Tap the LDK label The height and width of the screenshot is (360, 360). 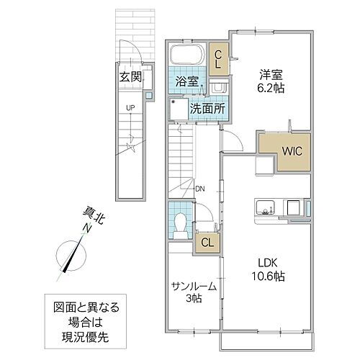268,261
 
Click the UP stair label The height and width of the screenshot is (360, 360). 130,109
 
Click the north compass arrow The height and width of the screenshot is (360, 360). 73,256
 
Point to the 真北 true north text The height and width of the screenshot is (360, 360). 92,216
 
